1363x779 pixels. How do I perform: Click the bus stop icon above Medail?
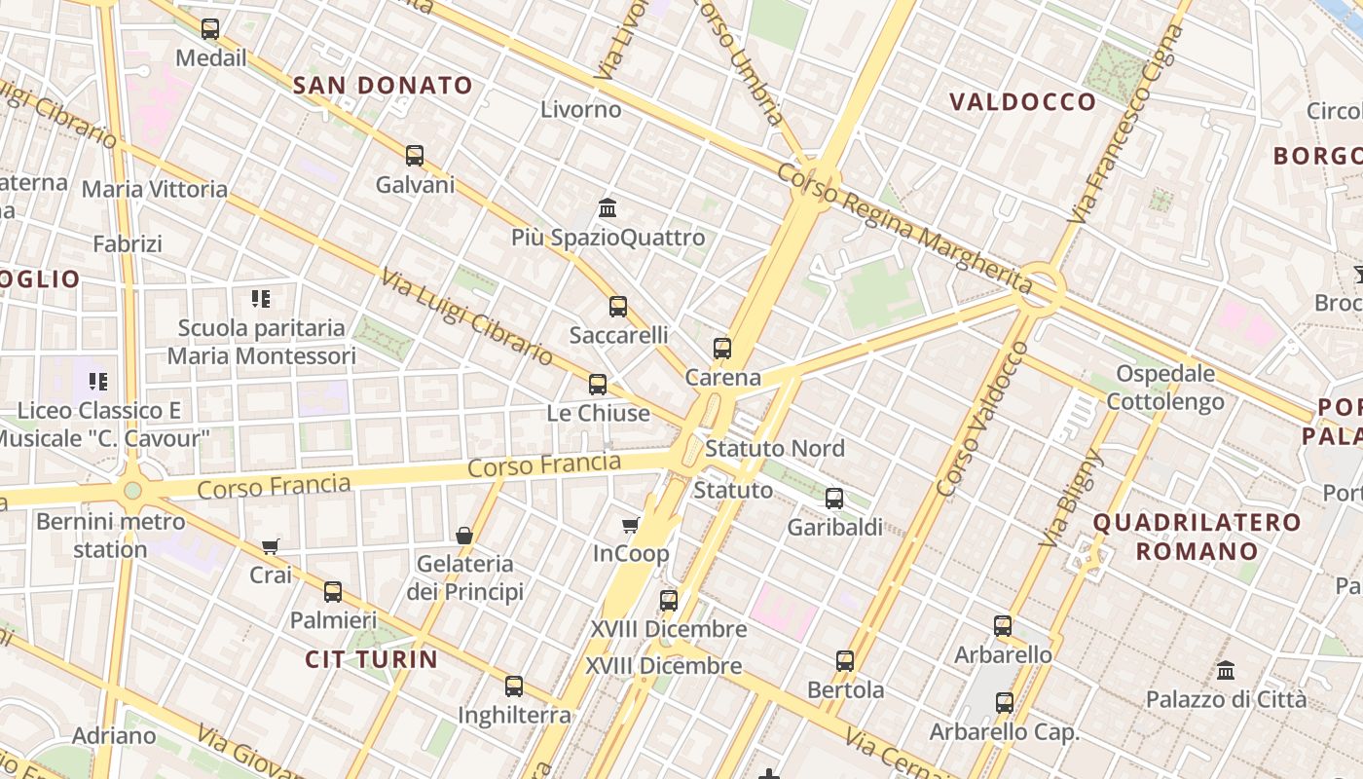[210, 29]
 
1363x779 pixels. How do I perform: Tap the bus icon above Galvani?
[415, 156]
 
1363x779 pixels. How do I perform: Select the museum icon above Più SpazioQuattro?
[608, 208]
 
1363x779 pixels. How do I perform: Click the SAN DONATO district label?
[383, 86]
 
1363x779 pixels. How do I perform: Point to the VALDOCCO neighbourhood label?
[1022, 102]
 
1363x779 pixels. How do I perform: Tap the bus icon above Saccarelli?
[618, 307]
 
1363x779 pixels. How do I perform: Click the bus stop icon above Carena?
[722, 349]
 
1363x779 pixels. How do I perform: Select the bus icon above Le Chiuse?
[598, 385]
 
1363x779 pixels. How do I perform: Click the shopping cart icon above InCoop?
[631, 526]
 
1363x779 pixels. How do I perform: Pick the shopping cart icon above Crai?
[271, 547]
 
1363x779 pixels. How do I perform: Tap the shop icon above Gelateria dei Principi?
[464, 536]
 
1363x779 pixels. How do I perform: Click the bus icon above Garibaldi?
[834, 499]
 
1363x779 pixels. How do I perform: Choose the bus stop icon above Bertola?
[845, 661]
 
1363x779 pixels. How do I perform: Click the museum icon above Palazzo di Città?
[1226, 671]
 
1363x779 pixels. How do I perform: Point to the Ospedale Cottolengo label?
[1165, 388]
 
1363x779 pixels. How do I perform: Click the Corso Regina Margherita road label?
[904, 228]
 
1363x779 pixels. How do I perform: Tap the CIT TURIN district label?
[371, 659]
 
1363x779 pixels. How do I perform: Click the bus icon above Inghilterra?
[514, 686]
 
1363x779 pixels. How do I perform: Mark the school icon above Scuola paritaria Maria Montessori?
[261, 299]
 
